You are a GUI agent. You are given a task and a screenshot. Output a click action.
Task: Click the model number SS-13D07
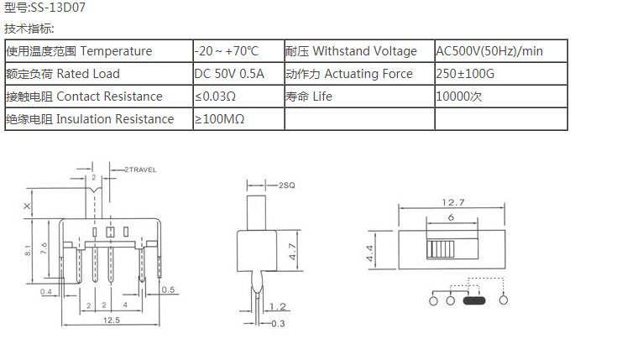click(x=58, y=8)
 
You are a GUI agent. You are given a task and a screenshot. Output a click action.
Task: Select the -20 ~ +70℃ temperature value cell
click(x=227, y=51)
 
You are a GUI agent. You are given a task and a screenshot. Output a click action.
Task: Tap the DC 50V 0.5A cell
click(x=229, y=74)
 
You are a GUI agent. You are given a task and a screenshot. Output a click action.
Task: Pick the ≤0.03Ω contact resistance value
click(x=216, y=97)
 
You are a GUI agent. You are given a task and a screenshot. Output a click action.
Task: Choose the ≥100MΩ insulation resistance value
click(x=219, y=119)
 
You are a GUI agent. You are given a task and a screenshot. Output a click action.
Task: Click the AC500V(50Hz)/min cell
click(x=489, y=51)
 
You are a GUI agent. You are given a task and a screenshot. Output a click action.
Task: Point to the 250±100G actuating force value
click(x=465, y=74)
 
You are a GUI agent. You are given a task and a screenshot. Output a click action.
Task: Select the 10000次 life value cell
click(x=459, y=97)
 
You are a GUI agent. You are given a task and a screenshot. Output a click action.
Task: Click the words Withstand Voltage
click(x=364, y=51)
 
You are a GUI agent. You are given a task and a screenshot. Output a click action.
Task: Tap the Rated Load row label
click(x=88, y=74)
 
